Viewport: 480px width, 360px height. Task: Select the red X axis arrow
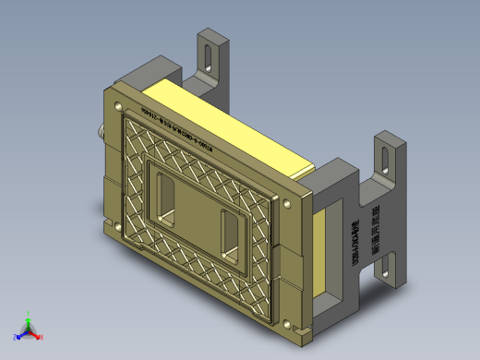tap(37, 334)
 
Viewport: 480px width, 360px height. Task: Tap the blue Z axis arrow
tap(21, 333)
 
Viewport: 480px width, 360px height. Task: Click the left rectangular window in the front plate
tap(167, 201)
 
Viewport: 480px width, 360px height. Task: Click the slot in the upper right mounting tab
tap(382, 156)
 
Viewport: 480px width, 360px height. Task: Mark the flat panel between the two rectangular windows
tap(198, 214)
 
